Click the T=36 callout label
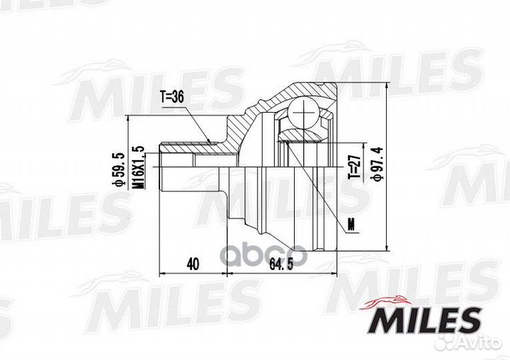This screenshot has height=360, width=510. pyautogui.click(x=171, y=98)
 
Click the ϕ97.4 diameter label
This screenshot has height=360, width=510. pyautogui.click(x=378, y=164)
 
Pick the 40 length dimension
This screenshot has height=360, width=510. pyautogui.click(x=193, y=264)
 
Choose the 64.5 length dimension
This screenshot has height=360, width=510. pyautogui.click(x=281, y=264)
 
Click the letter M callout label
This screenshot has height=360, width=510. pyautogui.click(x=351, y=225)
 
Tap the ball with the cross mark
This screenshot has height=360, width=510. pyautogui.click(x=303, y=113)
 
